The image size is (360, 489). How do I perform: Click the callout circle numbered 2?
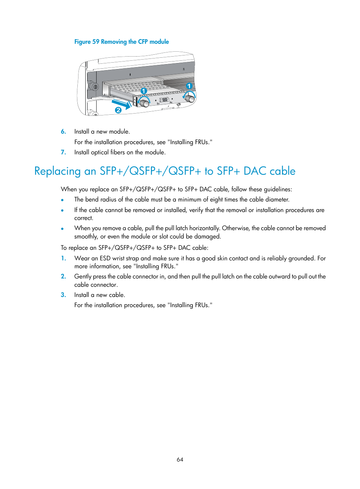pyautogui.click(x=118, y=110)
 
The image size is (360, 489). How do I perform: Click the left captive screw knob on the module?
pyautogui.click(x=144, y=102)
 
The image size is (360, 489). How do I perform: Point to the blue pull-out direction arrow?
pyautogui.click(x=121, y=103)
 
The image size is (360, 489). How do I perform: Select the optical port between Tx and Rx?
pyautogui.click(x=164, y=100)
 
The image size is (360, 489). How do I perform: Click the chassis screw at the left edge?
pyautogui.click(x=95, y=87)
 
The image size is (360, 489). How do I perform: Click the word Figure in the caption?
pyautogui.click(x=82, y=42)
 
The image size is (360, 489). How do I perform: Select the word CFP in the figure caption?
pyautogui.click(x=143, y=42)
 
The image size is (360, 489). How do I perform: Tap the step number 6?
pyautogui.click(x=63, y=132)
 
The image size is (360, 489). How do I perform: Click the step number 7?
pyautogui.click(x=63, y=152)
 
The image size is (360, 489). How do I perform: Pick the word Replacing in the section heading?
pyautogui.click(x=57, y=171)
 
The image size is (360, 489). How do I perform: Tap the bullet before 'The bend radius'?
pyautogui.click(x=62, y=200)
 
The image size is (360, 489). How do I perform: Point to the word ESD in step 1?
pyautogui.click(x=105, y=258)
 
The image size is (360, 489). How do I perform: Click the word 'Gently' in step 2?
pyautogui.click(x=83, y=277)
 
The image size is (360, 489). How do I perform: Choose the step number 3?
pyautogui.click(x=63, y=295)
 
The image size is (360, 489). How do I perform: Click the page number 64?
pyautogui.click(x=180, y=460)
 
